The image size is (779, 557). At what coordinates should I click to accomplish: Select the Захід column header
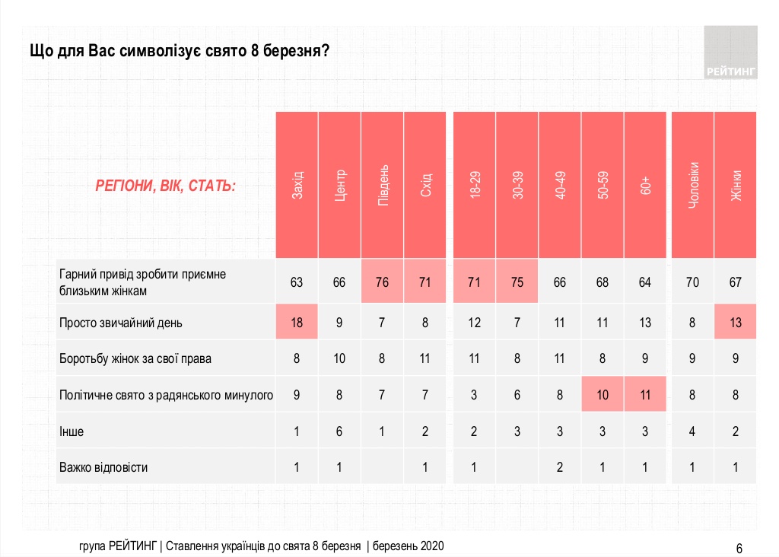297,185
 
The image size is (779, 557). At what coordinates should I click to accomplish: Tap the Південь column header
383,185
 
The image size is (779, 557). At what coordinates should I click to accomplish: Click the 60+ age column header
645,185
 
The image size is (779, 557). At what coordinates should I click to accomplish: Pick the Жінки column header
736,185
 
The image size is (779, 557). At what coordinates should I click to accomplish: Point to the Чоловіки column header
692,185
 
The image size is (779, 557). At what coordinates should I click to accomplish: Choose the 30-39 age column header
517,185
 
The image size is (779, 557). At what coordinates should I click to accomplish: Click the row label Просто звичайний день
121,323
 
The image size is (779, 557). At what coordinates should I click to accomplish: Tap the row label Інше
72,431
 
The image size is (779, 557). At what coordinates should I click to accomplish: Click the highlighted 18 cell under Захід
297,323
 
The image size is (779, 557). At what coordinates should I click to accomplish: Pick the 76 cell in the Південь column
383,282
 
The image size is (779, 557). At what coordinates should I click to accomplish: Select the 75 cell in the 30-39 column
517,282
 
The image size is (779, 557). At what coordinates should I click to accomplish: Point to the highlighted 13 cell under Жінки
736,323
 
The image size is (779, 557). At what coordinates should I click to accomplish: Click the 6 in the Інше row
339,431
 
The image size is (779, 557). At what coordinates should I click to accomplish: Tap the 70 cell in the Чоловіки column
692,282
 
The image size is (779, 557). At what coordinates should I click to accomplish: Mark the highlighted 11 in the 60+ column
645,395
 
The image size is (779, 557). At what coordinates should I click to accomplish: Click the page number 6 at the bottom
739,548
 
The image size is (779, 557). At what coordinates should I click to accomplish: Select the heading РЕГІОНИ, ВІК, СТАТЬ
165,186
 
